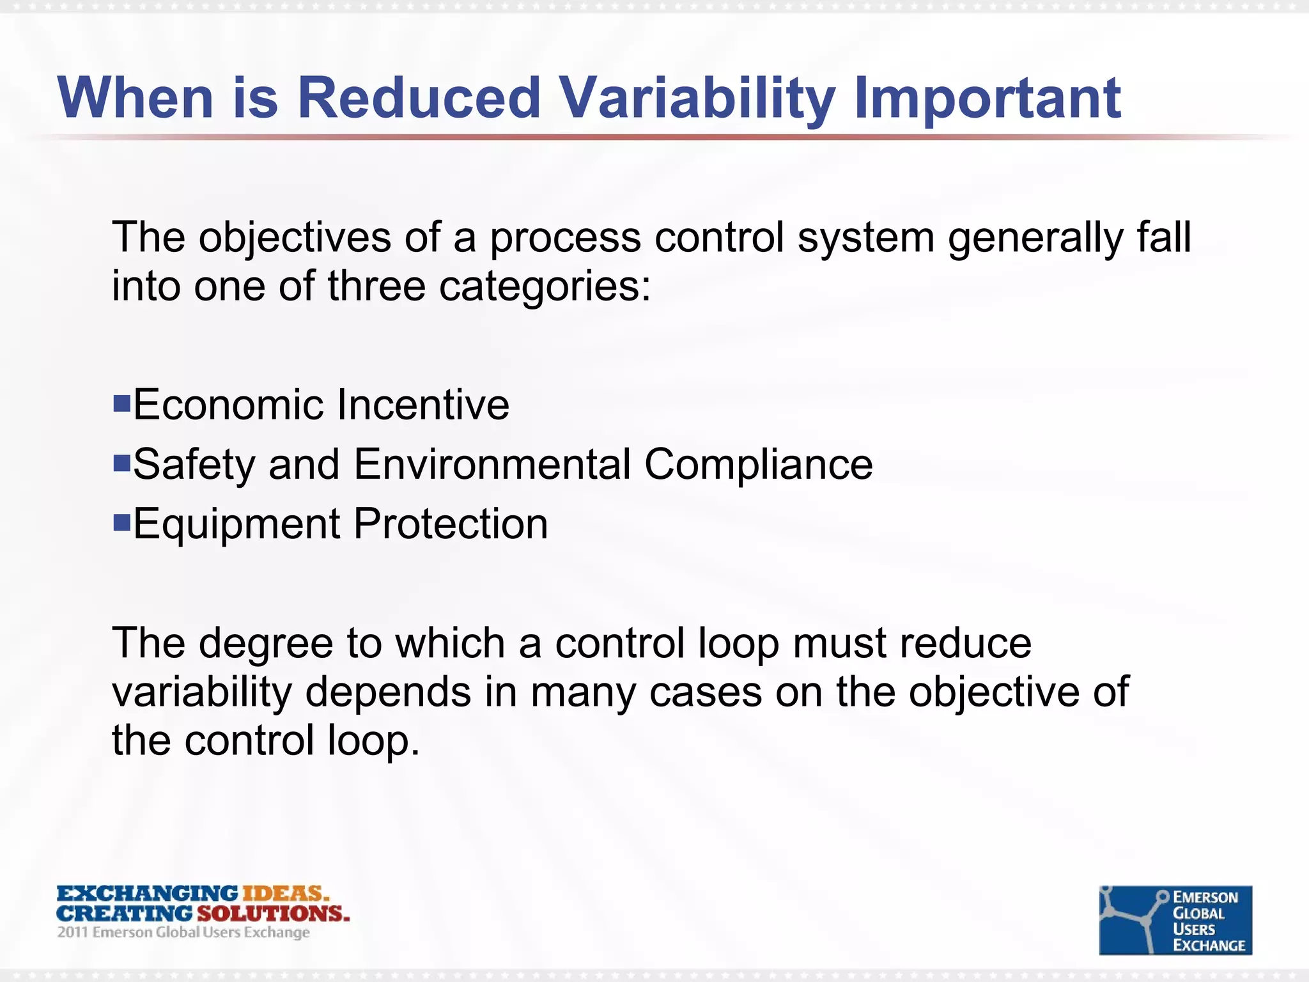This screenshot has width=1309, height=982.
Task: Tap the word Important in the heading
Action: tap(987, 99)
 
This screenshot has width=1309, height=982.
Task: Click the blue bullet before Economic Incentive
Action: tap(121, 403)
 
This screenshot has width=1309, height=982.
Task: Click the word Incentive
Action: tap(423, 405)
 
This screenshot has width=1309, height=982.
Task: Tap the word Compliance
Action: tap(758, 464)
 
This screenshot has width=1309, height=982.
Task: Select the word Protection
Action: tap(451, 524)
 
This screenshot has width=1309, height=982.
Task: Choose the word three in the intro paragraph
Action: tap(376, 286)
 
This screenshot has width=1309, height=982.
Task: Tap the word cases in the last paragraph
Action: tap(706, 692)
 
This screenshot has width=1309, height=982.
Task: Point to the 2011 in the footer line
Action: tap(72, 932)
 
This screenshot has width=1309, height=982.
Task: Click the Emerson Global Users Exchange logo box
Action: tap(1175, 920)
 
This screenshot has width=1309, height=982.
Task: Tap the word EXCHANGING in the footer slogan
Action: tap(147, 893)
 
